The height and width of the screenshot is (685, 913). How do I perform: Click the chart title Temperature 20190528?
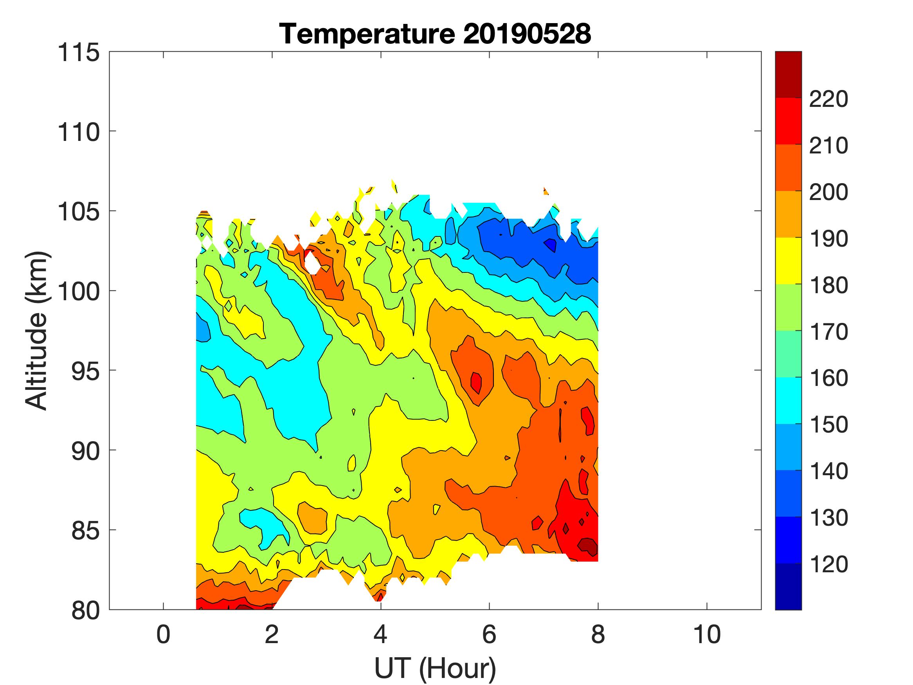[x=435, y=34]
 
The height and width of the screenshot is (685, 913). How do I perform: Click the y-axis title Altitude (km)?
[x=37, y=330]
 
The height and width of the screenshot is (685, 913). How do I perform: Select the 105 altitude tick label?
[x=78, y=212]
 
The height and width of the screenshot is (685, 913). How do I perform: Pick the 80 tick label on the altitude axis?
[x=85, y=611]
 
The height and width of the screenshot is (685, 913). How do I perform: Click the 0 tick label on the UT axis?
[x=164, y=635]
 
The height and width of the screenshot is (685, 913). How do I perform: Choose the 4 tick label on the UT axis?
[x=380, y=635]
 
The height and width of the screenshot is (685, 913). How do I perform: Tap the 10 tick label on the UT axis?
[x=707, y=635]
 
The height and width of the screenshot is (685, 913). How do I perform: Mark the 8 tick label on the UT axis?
[x=598, y=635]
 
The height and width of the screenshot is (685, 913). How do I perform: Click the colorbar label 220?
[x=828, y=99]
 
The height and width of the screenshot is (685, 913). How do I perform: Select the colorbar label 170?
[x=828, y=332]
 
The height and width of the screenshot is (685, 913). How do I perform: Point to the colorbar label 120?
[x=828, y=564]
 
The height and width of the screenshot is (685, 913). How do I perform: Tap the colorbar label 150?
[x=828, y=425]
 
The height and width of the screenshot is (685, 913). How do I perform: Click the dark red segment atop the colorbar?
[x=788, y=74]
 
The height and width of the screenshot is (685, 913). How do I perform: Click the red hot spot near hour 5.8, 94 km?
[x=476, y=382]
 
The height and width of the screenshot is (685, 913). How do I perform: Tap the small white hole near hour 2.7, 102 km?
[x=312, y=263]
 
